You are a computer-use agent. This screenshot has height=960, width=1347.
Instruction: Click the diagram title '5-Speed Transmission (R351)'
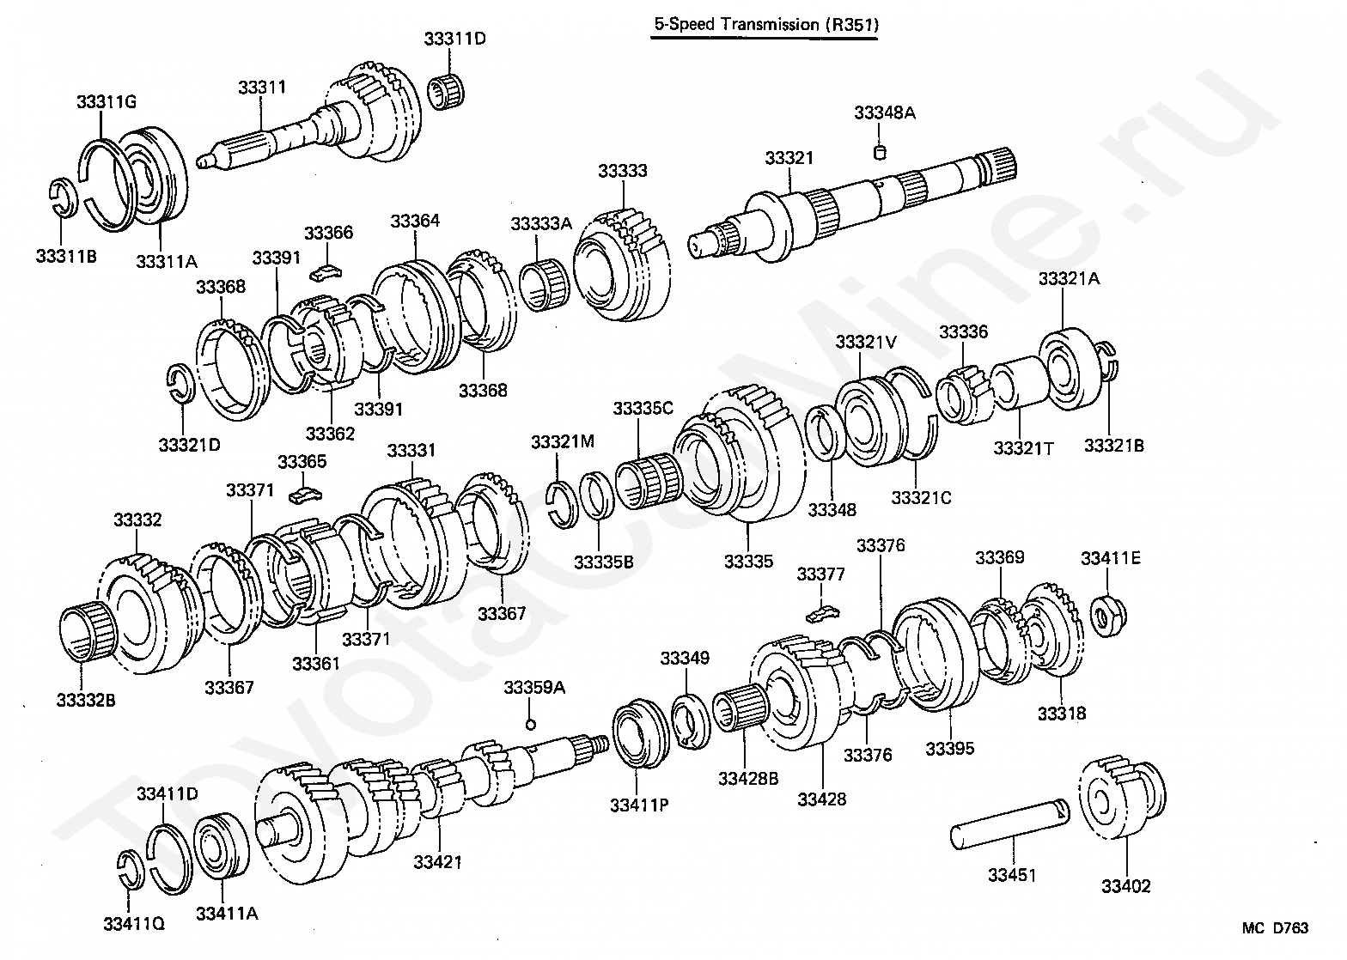pos(765,24)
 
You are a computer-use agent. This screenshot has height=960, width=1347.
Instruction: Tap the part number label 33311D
pos(455,39)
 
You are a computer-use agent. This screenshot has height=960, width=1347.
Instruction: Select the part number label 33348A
pos(884,112)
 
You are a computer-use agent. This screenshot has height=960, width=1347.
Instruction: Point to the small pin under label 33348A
pos(879,153)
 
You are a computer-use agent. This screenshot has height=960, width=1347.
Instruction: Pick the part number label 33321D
pos(189,445)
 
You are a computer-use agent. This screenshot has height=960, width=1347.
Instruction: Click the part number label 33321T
pos(1023,447)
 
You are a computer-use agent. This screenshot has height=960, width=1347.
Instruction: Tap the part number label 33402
pos(1125,886)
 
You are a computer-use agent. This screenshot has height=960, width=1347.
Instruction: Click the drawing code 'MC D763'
pos(1275,928)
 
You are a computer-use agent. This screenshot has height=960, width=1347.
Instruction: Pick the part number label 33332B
pos(86,700)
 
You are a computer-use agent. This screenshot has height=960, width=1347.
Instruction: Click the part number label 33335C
pos(643,408)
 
